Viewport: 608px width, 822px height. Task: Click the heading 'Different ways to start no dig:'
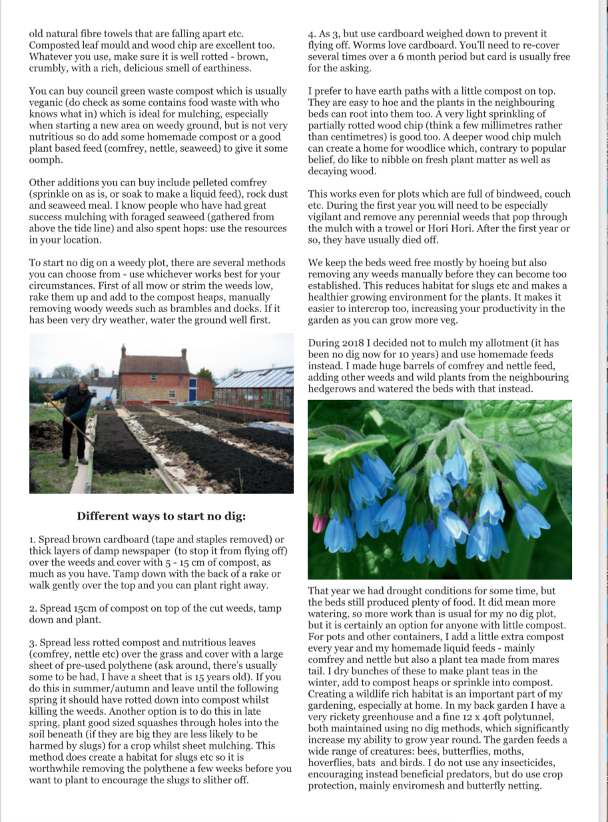click(161, 516)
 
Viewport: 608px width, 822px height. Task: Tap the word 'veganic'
click(47, 103)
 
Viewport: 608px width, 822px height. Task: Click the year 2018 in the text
click(354, 343)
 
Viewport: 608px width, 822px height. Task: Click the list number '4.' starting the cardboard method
click(312, 34)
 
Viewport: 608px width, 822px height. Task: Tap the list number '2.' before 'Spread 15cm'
click(33, 608)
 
